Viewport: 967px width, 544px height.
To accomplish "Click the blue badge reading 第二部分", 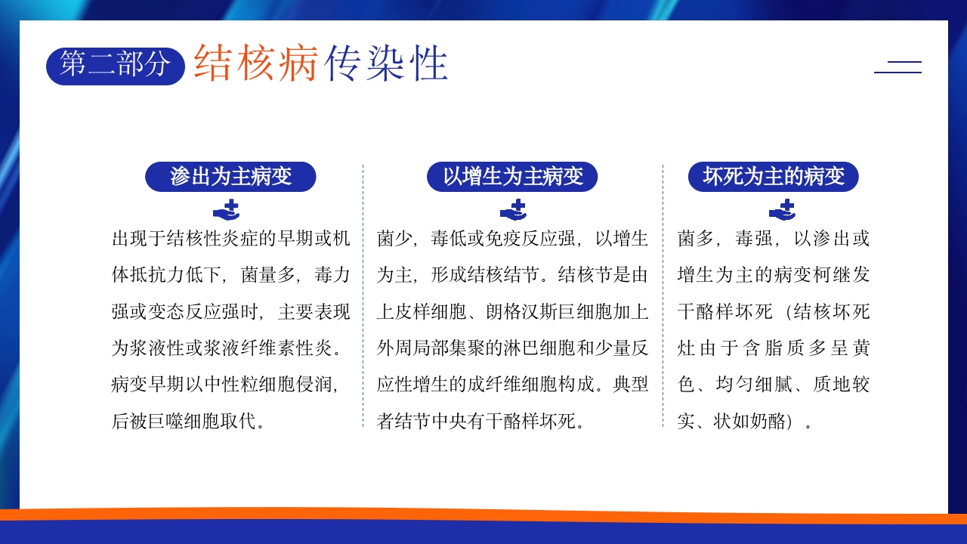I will pyautogui.click(x=115, y=65).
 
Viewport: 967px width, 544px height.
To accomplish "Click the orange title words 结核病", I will pyautogui.click(x=255, y=63).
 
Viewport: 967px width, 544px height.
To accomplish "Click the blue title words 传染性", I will pyautogui.click(x=386, y=63).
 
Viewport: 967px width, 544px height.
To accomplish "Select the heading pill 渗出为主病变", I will pyautogui.click(x=230, y=177).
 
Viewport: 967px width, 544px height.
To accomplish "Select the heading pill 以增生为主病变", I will pyautogui.click(x=512, y=177).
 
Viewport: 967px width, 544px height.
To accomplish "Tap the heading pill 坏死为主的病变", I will pyautogui.click(x=773, y=177).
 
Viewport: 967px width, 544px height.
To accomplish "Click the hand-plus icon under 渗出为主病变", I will pyautogui.click(x=226, y=210).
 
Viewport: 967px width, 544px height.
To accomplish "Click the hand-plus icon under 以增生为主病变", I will pyautogui.click(x=513, y=210).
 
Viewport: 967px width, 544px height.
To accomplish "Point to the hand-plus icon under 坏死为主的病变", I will pyautogui.click(x=782, y=210).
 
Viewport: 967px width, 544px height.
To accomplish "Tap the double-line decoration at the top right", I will pyautogui.click(x=897, y=66).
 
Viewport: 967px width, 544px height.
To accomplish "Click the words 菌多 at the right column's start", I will pyautogui.click(x=695, y=239).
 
